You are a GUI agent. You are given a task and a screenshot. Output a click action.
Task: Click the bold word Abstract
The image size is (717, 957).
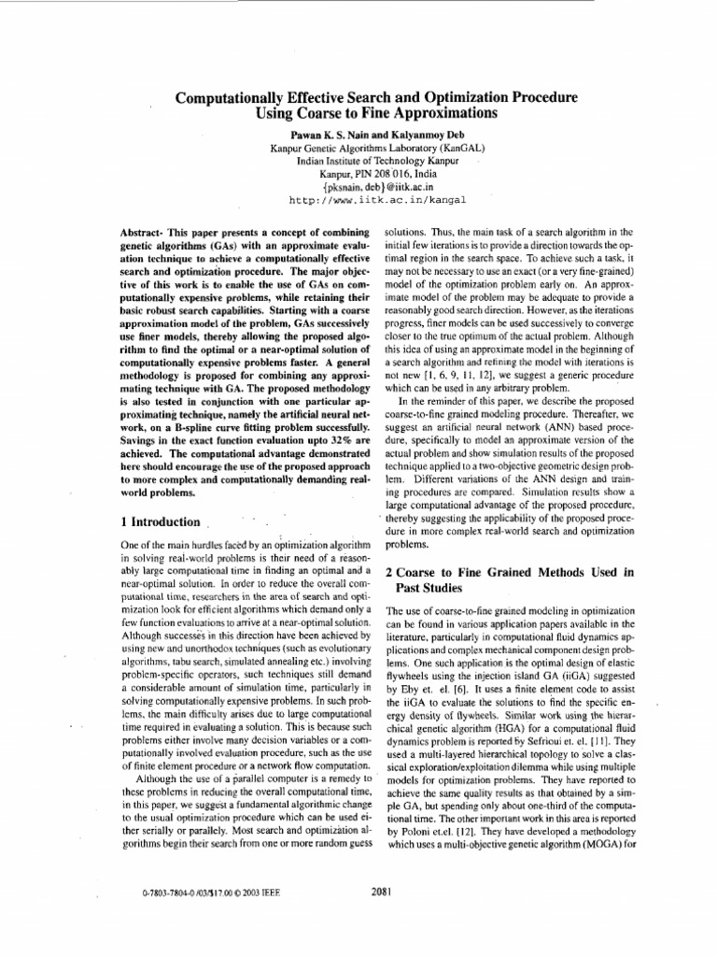[x=148, y=231]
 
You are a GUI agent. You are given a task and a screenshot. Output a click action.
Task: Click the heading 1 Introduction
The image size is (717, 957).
[x=161, y=521]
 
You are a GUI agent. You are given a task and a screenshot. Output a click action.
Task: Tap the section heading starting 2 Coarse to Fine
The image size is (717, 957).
[x=510, y=571]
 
